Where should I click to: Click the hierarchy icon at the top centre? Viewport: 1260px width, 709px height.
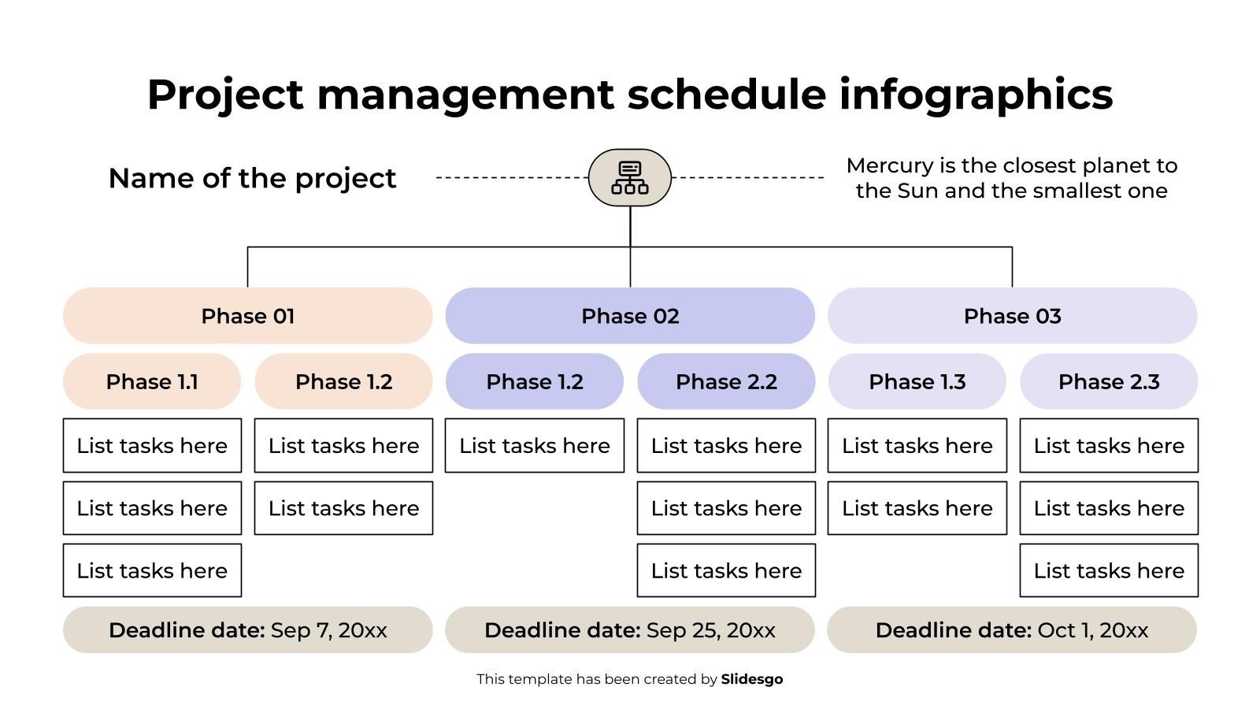pyautogui.click(x=629, y=178)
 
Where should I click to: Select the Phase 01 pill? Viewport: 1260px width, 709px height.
pyautogui.click(x=247, y=316)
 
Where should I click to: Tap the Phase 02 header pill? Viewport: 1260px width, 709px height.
pyautogui.click(x=629, y=316)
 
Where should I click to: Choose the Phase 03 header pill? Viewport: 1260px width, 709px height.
pyautogui.click(x=1012, y=316)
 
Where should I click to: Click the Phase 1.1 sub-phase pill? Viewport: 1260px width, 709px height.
pyautogui.click(x=152, y=381)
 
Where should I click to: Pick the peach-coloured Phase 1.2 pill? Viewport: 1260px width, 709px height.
pyautogui.click(x=343, y=381)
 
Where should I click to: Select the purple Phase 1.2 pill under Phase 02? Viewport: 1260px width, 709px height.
pyautogui.click(x=534, y=381)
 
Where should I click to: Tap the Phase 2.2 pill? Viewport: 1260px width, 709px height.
pyautogui.click(x=726, y=381)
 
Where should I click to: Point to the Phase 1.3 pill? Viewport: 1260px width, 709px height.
pyautogui.click(x=917, y=381)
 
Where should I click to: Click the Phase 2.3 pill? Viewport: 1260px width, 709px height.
pyautogui.click(x=1109, y=381)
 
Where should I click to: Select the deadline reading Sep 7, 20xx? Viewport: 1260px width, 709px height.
pyautogui.click(x=247, y=630)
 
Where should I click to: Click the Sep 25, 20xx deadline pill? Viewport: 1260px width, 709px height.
pyautogui.click(x=629, y=630)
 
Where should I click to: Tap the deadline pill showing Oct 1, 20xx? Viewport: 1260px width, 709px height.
pyautogui.click(x=1012, y=630)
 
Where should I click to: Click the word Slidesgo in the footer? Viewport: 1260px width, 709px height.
pyautogui.click(x=751, y=679)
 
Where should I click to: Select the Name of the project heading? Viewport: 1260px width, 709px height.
pyautogui.click(x=252, y=178)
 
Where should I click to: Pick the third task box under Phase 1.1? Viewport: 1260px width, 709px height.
pyautogui.click(x=152, y=570)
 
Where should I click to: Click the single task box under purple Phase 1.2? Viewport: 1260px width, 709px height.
pyautogui.click(x=534, y=446)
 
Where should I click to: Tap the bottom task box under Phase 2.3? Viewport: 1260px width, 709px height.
pyautogui.click(x=1109, y=570)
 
